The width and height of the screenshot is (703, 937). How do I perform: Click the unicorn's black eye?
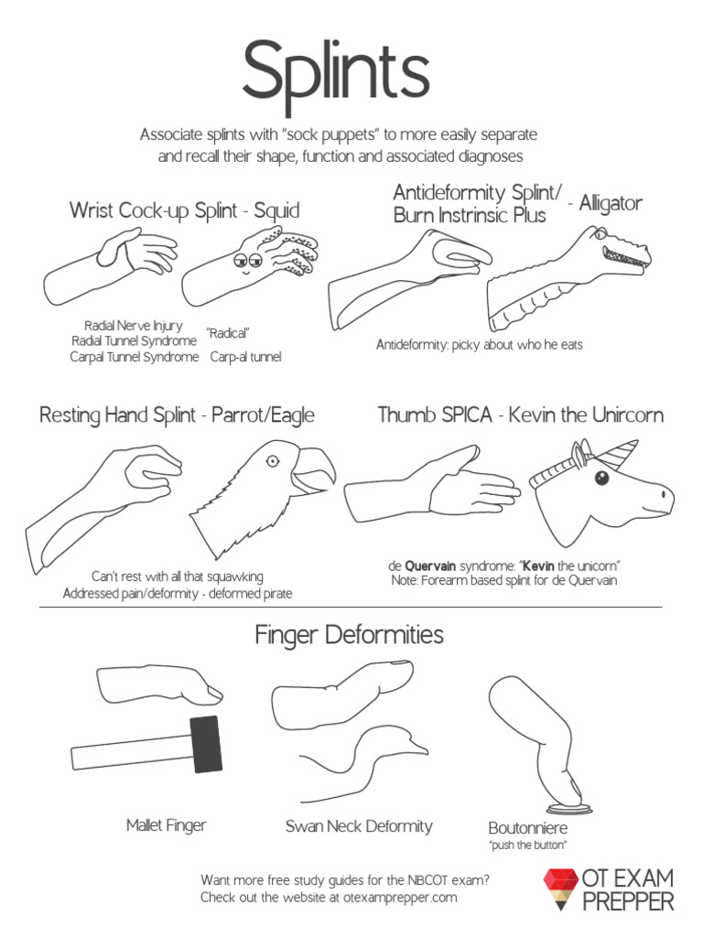[x=601, y=478]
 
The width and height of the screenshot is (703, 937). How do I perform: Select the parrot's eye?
[x=272, y=460]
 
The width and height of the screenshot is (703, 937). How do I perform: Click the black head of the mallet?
[x=206, y=744]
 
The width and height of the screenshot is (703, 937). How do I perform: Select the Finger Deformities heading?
[x=349, y=635]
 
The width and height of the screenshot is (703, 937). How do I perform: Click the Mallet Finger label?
[x=167, y=825]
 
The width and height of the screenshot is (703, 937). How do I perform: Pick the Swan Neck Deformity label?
[x=359, y=826]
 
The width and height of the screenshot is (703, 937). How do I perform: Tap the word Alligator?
[x=611, y=204]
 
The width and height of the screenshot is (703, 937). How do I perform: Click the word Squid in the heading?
[x=276, y=211]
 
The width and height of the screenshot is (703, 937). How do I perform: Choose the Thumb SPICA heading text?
[x=435, y=415]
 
